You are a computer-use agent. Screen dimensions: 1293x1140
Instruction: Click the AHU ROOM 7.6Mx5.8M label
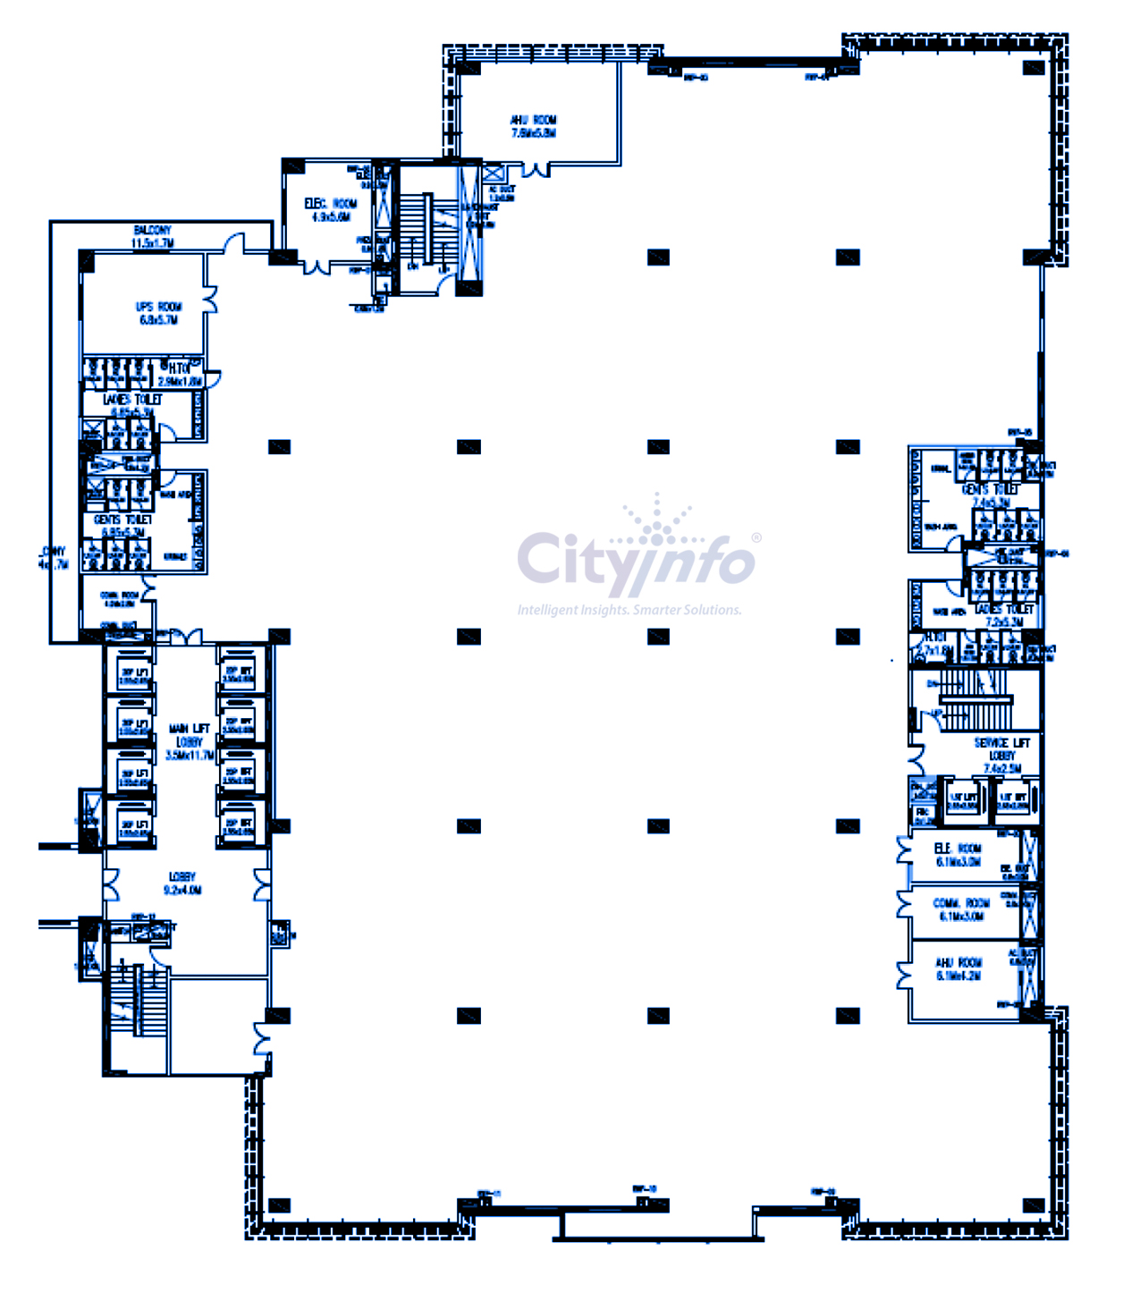pos(534,126)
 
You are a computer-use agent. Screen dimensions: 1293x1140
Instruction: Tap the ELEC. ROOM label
pos(331,209)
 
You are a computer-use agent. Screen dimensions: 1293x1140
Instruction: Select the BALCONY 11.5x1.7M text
pos(152,236)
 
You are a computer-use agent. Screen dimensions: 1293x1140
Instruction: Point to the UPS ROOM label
pos(158,313)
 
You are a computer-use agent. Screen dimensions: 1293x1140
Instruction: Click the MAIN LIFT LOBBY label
pos(190,742)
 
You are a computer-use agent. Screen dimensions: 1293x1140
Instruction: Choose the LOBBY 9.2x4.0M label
pos(182,883)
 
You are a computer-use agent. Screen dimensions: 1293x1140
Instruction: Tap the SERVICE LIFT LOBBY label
pos(1001,755)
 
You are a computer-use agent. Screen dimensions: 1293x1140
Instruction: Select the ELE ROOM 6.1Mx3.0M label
pos(958,855)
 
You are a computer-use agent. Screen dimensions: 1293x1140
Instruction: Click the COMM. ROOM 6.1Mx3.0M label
pos(958,909)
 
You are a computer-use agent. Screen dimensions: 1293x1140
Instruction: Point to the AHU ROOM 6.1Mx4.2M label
pos(958,968)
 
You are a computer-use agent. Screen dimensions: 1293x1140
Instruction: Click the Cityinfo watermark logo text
pos(636,562)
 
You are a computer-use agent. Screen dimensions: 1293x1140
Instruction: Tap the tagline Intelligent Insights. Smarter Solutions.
pos(629,610)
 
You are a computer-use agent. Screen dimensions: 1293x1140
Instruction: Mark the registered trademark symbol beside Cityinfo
pos(756,537)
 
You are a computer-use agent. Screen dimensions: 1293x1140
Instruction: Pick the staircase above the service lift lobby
pos(975,699)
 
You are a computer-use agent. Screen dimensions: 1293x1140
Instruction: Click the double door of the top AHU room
pos(536,170)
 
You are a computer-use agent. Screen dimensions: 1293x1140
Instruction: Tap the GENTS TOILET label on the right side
pos(990,495)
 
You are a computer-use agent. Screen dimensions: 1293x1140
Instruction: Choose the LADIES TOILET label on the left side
pos(132,405)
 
